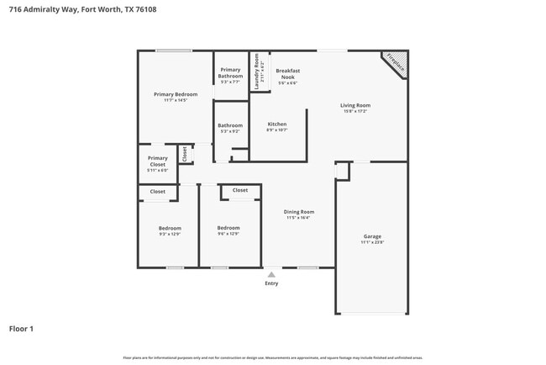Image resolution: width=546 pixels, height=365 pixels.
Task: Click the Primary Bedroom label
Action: [x=176, y=94]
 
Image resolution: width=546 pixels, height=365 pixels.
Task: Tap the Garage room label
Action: [x=372, y=236]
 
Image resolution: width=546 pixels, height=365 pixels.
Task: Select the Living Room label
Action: [x=354, y=105]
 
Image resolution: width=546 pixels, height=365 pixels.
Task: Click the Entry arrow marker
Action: [x=271, y=274]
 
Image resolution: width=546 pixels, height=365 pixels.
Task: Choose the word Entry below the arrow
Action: [x=271, y=283]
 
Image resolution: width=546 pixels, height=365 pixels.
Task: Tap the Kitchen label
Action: [x=276, y=124]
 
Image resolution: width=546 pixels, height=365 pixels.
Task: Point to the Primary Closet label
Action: [x=158, y=161]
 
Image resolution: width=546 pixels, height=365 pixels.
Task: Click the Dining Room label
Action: [x=298, y=212]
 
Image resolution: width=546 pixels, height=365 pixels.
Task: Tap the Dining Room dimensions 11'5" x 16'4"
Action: [x=298, y=218]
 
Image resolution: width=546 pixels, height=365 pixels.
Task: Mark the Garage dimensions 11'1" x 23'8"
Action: [x=372, y=242]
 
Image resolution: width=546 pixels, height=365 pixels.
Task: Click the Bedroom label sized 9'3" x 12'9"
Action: [x=170, y=228]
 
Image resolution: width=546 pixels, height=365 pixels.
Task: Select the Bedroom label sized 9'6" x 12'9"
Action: [x=228, y=228]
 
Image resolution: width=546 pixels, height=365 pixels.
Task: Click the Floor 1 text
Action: [x=21, y=329]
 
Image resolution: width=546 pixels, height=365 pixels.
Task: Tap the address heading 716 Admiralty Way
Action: [x=82, y=9]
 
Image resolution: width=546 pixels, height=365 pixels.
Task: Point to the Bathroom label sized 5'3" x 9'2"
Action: [x=230, y=125]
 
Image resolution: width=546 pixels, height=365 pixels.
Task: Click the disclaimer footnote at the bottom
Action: [x=272, y=357]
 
